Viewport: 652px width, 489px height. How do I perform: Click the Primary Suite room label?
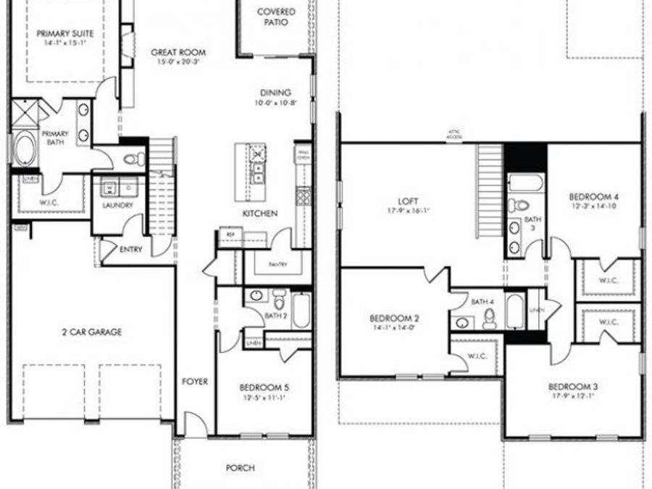(x=65, y=33)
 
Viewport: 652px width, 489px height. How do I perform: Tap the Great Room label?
(x=178, y=52)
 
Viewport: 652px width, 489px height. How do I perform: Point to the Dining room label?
(x=276, y=93)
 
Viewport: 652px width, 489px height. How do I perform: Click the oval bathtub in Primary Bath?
(x=25, y=148)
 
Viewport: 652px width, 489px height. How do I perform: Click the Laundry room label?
(x=117, y=205)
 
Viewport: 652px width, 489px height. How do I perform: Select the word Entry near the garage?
(x=131, y=250)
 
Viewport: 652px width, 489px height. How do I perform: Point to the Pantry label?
(x=278, y=264)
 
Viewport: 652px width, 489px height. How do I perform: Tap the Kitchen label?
(x=259, y=214)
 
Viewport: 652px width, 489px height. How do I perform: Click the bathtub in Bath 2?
(x=301, y=310)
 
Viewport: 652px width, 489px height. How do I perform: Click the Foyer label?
(x=195, y=381)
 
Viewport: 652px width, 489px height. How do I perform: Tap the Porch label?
(x=240, y=468)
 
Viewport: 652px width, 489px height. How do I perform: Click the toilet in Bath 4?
(x=490, y=317)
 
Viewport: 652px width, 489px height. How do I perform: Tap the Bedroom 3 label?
(x=573, y=386)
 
